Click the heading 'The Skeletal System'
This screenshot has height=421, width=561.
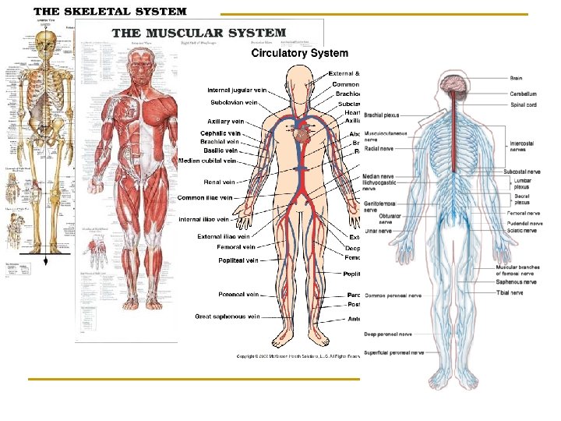(110, 12)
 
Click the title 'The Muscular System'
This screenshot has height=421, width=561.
(199, 34)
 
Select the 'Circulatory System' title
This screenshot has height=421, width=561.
(298, 53)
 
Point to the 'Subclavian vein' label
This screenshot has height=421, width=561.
(234, 103)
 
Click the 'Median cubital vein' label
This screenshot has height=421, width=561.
(206, 161)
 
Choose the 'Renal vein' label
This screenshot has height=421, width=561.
(220, 182)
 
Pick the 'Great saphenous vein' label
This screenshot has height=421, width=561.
(226, 317)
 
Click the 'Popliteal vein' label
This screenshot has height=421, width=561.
(238, 260)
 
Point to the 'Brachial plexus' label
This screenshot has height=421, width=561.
(383, 115)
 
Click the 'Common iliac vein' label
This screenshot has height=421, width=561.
(205, 198)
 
